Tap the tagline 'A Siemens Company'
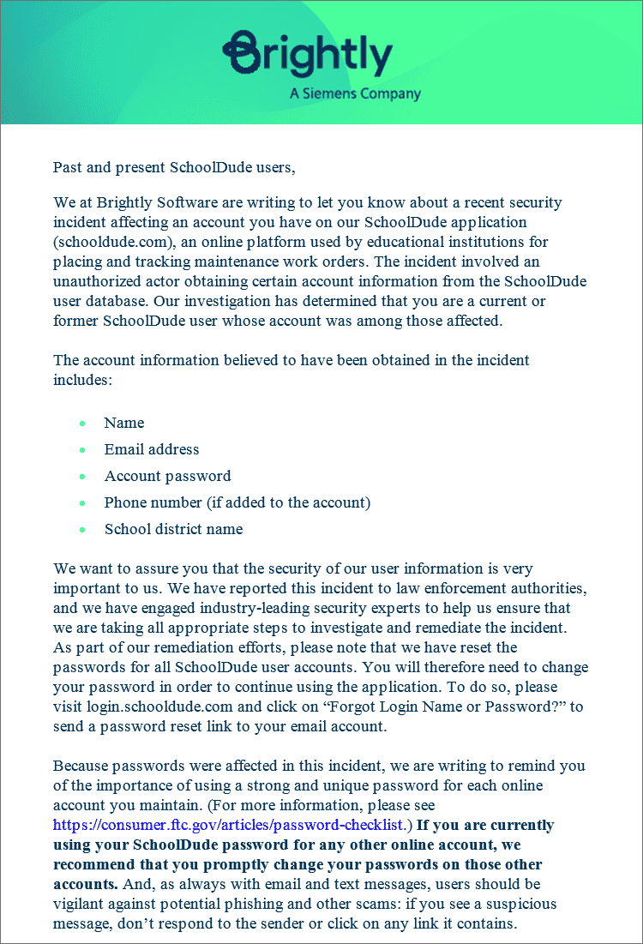(355, 93)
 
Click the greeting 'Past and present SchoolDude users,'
(174, 167)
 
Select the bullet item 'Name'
(124, 423)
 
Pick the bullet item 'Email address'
(152, 449)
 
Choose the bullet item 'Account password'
(167, 476)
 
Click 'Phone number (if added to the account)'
(237, 502)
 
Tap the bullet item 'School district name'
(173, 529)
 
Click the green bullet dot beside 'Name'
(82, 424)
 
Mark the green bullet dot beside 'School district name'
(82, 530)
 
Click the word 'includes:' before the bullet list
(83, 379)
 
